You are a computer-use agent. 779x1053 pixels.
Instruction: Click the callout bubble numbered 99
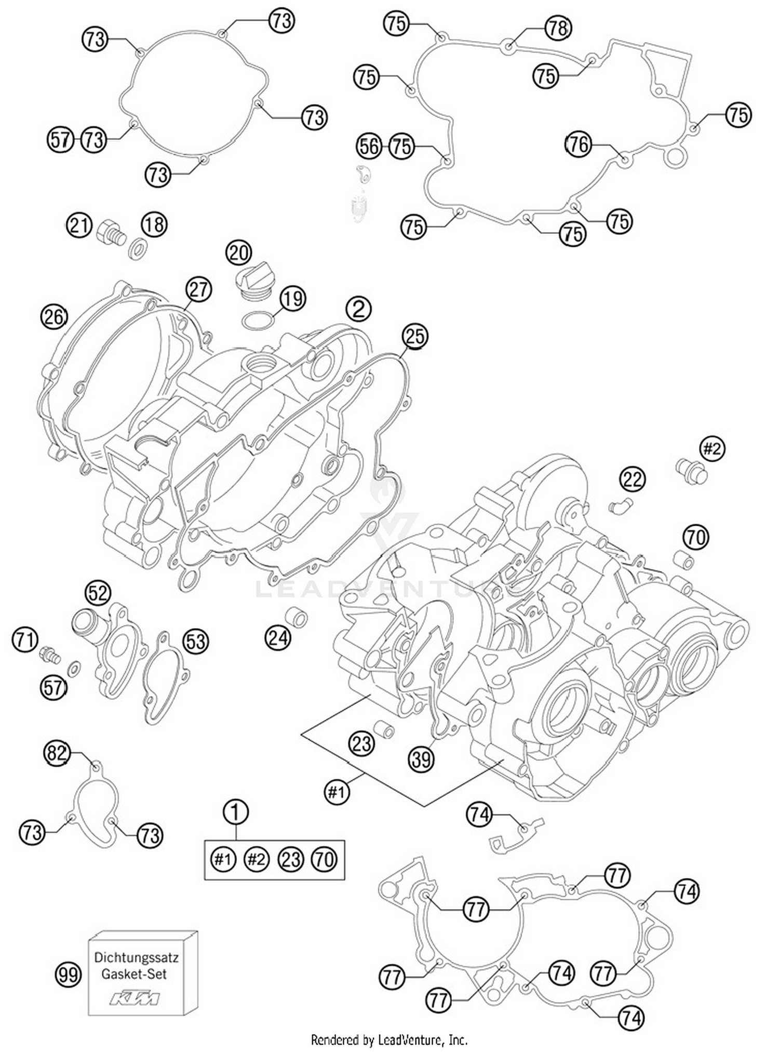coord(68,974)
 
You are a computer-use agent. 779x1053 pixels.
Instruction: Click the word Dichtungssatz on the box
coord(136,957)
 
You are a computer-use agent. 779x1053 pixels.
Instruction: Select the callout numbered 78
coord(558,28)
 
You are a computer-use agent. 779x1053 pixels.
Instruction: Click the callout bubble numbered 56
coord(369,146)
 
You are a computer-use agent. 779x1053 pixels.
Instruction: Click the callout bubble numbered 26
coord(54,316)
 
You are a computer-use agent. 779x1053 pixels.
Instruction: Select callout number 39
coord(421,759)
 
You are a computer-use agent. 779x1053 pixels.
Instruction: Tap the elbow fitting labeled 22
coord(620,503)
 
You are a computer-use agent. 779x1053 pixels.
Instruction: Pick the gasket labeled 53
coord(166,678)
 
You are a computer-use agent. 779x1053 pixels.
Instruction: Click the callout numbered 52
coord(98,593)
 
